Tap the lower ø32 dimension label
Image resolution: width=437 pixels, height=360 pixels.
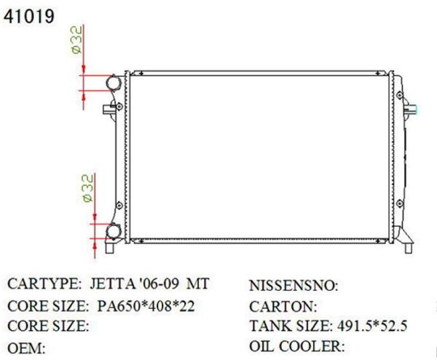coord(85,187)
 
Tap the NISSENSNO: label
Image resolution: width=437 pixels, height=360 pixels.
coord(294,285)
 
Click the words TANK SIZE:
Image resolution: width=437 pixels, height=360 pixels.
coord(289,326)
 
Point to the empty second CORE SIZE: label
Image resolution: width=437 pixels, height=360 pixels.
coord(48,326)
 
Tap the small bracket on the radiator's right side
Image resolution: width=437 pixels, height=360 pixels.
coord(412,110)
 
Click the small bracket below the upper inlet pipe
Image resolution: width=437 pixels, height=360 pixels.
coord(109,111)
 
